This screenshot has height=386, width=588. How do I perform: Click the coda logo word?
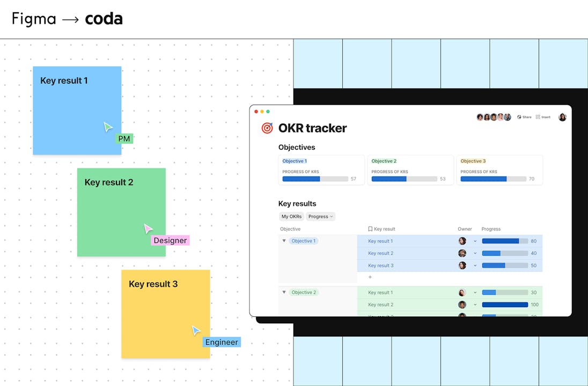click(104, 19)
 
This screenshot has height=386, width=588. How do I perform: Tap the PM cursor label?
click(124, 139)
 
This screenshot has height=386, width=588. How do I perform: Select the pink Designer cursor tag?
click(170, 240)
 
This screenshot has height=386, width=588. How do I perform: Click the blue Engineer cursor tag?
click(222, 342)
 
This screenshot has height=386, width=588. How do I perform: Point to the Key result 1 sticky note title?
click(64, 80)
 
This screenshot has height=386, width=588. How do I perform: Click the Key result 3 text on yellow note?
click(153, 284)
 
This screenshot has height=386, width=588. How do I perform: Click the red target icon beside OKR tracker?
click(267, 128)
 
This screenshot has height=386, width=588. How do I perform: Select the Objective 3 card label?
click(473, 161)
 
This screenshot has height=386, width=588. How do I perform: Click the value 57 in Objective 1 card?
click(354, 179)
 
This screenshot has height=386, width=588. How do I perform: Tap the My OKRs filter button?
click(291, 217)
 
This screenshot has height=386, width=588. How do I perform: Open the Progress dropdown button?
click(320, 217)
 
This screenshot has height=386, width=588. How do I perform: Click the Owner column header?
click(465, 229)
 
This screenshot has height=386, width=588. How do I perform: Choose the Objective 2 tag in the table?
click(304, 292)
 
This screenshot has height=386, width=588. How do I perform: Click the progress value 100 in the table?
click(534, 305)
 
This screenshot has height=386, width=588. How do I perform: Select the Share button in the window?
click(524, 117)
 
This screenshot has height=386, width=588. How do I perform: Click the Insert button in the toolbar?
click(543, 117)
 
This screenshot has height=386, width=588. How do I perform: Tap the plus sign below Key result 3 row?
click(370, 277)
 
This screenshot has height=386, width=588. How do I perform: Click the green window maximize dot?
click(268, 112)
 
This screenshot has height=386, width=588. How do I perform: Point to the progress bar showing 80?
click(505, 241)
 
